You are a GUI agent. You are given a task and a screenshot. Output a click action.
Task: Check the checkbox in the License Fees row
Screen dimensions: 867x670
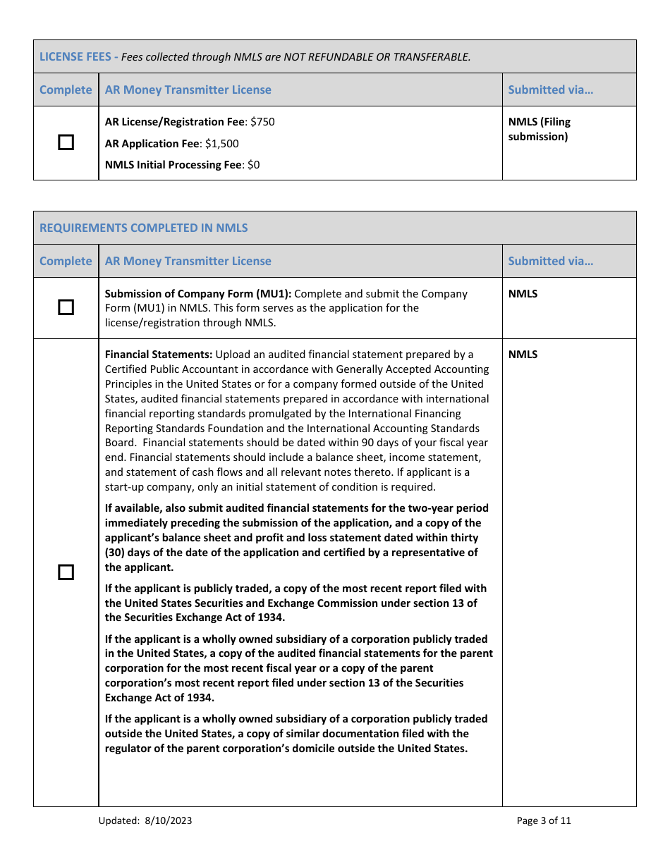(x=66, y=143)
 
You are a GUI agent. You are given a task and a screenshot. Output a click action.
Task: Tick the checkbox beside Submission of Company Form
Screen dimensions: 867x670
(x=66, y=307)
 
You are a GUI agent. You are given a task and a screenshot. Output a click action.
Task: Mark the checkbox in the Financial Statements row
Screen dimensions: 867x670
(x=66, y=572)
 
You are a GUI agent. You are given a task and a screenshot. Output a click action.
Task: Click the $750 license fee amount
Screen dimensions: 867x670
(x=262, y=122)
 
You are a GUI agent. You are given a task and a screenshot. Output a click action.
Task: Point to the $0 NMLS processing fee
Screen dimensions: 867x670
(x=252, y=165)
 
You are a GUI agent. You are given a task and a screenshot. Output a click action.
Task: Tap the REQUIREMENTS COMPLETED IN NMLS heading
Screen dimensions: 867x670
(x=143, y=228)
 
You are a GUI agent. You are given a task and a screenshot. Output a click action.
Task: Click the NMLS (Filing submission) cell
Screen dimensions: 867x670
(x=539, y=129)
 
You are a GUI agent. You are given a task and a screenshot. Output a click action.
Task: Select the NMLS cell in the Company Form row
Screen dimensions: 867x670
(x=523, y=294)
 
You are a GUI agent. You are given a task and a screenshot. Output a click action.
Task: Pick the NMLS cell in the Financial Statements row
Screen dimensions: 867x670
(x=523, y=355)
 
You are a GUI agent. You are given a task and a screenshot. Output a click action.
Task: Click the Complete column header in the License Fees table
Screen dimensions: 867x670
(x=66, y=90)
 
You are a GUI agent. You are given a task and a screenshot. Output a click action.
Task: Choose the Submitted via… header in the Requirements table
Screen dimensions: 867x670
(x=550, y=261)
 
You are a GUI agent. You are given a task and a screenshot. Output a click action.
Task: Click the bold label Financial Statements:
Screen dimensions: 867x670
(x=159, y=355)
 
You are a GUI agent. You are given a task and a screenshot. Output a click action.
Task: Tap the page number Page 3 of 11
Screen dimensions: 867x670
(x=544, y=820)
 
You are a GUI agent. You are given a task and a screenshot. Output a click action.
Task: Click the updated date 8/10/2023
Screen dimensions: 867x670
(x=169, y=820)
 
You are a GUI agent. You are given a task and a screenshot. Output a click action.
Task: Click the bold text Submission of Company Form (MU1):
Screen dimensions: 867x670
(x=197, y=294)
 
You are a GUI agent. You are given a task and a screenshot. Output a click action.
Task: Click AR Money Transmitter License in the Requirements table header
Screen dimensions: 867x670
(x=188, y=261)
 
